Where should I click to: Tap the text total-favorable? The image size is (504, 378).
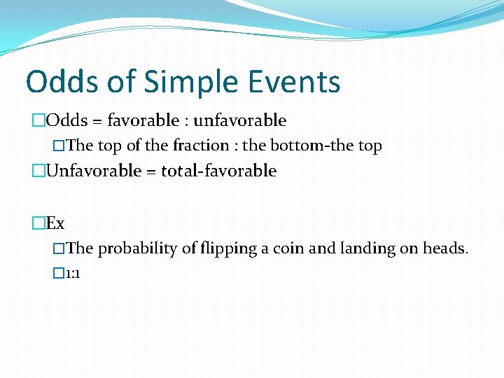219,171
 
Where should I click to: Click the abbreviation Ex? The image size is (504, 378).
55,223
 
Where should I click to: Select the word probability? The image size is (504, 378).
138,248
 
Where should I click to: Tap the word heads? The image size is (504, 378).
445,248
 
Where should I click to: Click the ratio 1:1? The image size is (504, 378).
73,273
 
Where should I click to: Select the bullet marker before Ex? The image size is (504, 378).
38,223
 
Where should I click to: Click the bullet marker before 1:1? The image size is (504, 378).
59,273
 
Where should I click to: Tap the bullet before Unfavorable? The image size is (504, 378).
38,171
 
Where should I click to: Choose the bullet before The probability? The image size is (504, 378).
59,248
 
